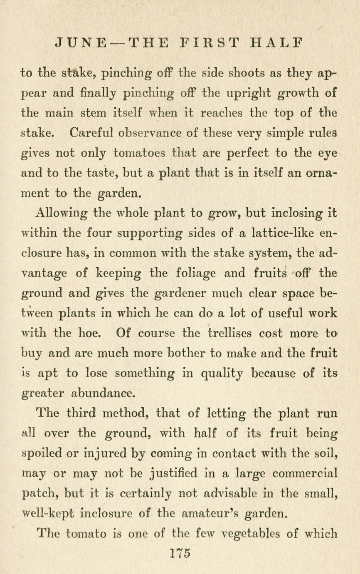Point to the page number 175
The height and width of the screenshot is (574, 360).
180,554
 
